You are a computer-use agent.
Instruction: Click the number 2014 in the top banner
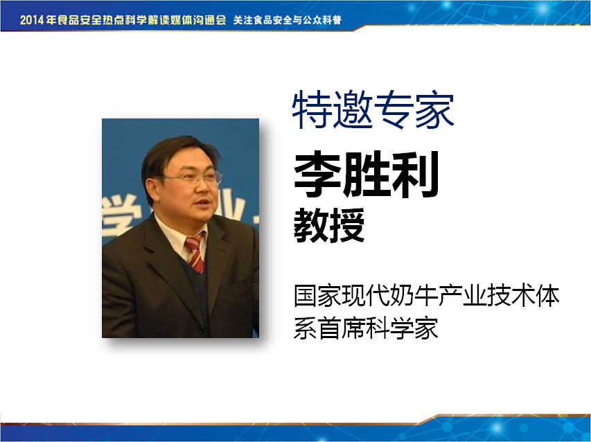(33, 19)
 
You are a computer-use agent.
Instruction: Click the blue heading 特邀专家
(373, 109)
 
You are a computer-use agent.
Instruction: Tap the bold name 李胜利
(367, 175)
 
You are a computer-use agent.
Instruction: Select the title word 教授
(329, 225)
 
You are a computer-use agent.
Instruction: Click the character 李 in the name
(317, 175)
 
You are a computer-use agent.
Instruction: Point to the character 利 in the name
(415, 175)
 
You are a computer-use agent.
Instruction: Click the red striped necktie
(195, 251)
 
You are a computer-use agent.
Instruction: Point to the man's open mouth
(202, 204)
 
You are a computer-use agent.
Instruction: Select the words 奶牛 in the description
(413, 295)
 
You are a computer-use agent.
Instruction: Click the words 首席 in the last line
(341, 328)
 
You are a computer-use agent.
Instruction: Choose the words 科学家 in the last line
(402, 328)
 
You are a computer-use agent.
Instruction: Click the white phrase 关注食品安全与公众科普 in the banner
(288, 20)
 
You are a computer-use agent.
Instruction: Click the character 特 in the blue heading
(311, 109)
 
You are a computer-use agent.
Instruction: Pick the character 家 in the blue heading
(435, 109)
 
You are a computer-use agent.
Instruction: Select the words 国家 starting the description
(317, 295)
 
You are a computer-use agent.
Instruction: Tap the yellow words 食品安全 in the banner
(80, 19)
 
